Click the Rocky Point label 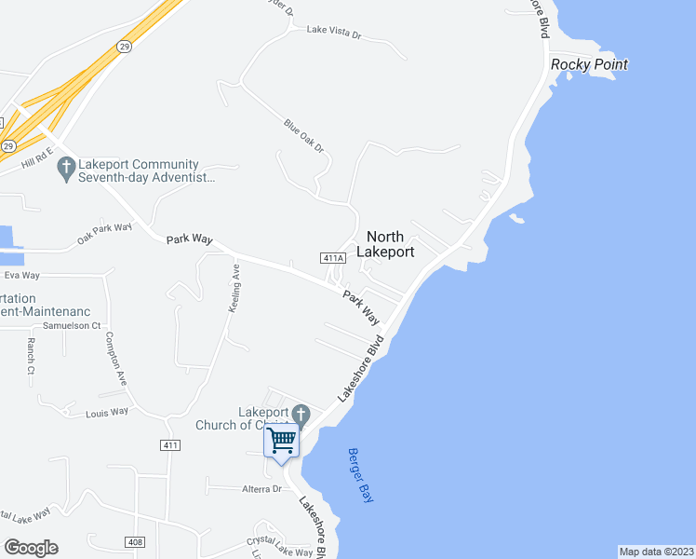[589, 64]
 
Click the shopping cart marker [281, 440]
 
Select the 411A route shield [334, 258]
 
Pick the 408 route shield [135, 541]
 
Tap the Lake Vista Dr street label [334, 33]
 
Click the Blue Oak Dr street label [304, 135]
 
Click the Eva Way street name [22, 276]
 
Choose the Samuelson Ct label [72, 326]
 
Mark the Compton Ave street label [115, 359]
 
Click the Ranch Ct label [31, 356]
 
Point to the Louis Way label [106, 413]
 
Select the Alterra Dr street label [261, 488]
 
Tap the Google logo [31, 548]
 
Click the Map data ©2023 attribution [656, 552]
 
